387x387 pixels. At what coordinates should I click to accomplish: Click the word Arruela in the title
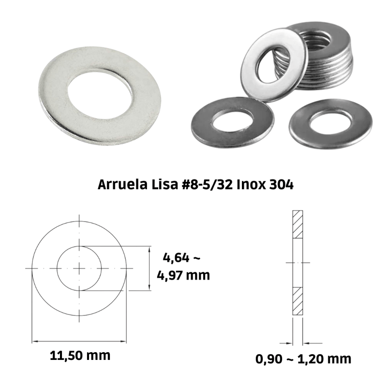[x=122, y=184]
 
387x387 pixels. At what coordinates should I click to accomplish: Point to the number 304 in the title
[x=281, y=184]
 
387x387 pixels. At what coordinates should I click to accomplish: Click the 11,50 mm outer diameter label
[x=80, y=356]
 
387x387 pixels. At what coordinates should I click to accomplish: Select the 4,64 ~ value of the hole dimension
[x=181, y=258]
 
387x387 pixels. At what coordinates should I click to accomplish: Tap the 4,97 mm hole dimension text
[x=183, y=275]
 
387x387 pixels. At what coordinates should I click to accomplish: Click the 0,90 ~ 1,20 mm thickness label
[x=303, y=359]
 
